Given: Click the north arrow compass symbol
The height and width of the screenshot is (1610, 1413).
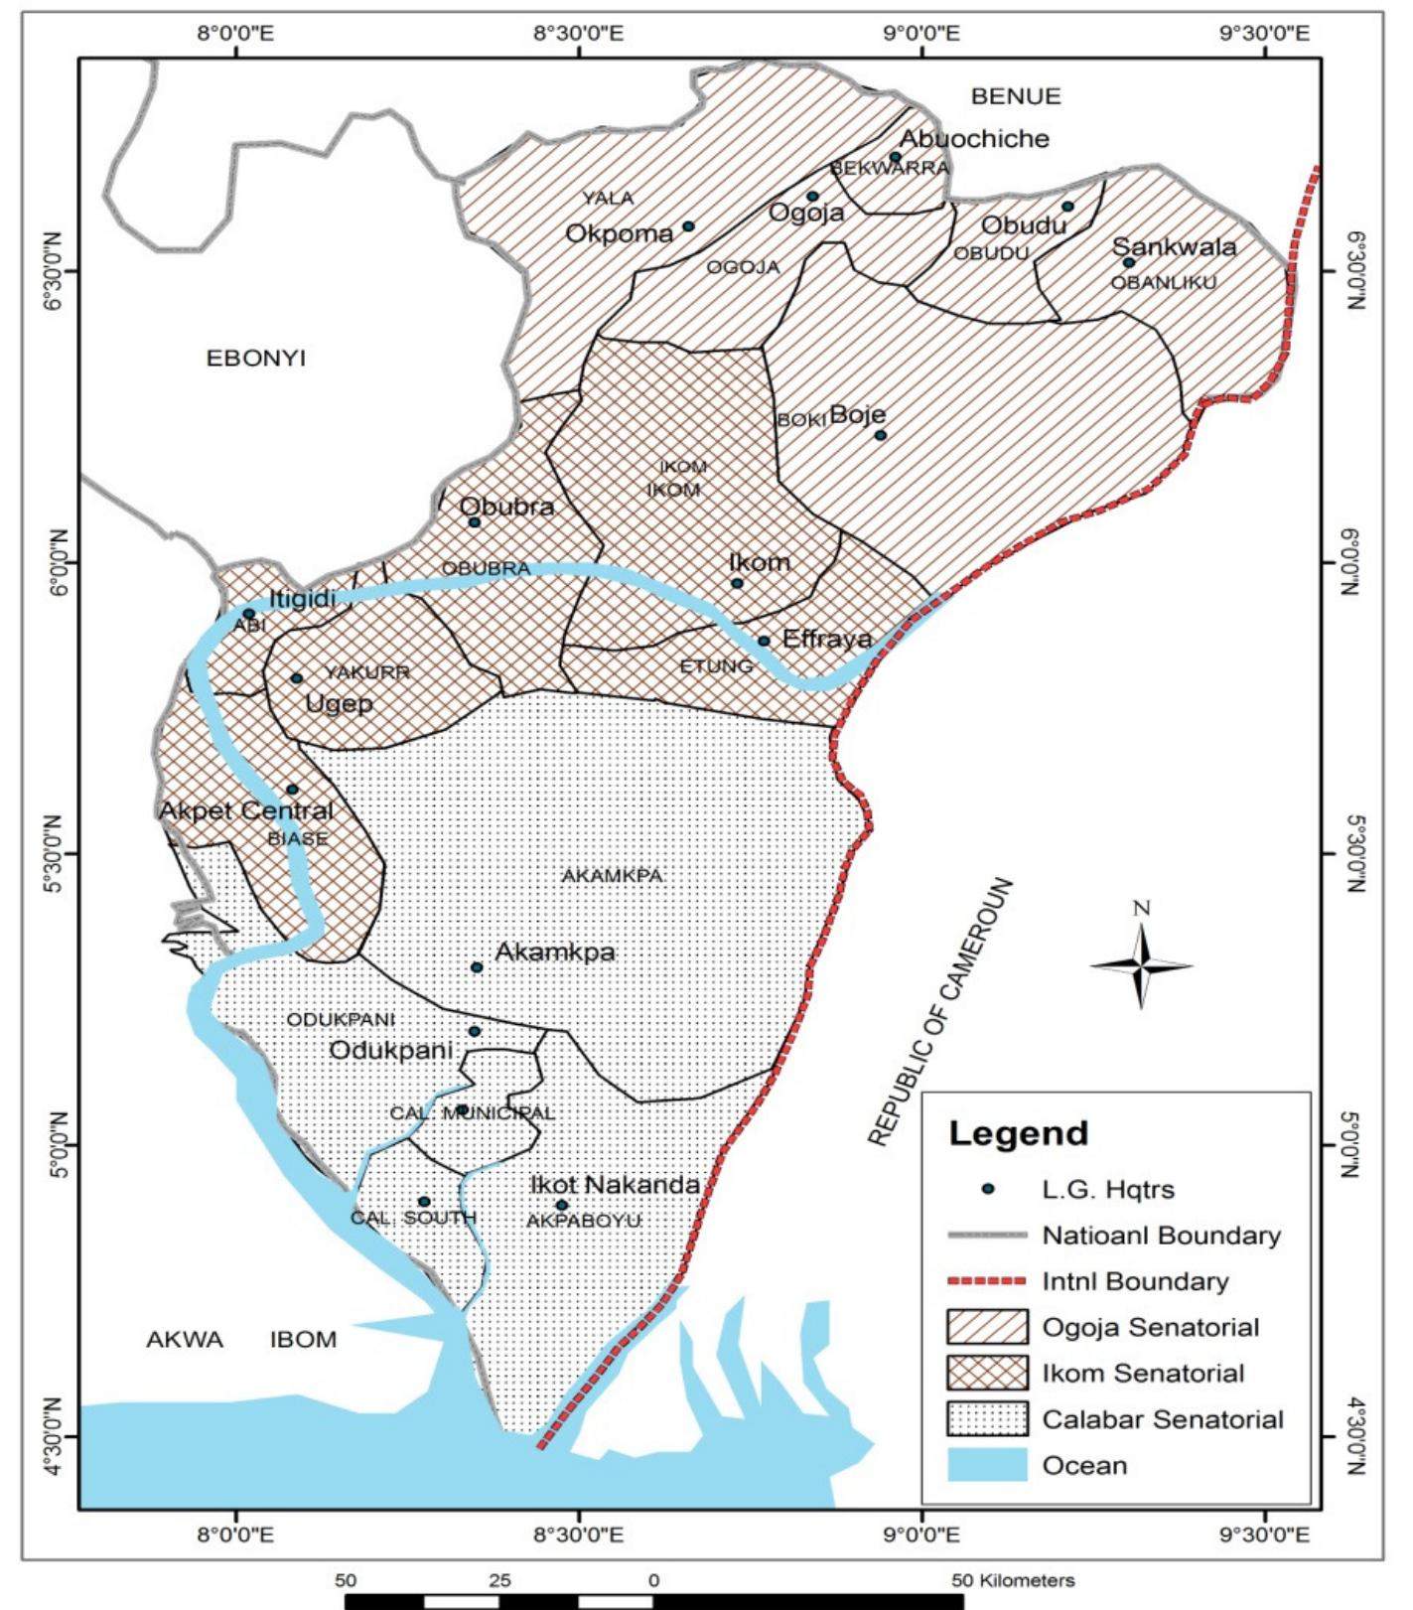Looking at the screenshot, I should tap(1141, 964).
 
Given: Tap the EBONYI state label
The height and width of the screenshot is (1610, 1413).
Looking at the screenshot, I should tap(255, 358).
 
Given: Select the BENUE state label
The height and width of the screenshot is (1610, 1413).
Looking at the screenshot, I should tap(1016, 96).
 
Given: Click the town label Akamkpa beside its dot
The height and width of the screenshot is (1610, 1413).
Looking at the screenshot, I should tap(555, 951).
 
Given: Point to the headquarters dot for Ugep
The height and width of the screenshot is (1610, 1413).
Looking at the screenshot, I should tap(296, 678).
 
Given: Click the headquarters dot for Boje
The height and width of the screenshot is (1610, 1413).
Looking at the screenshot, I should tap(880, 435).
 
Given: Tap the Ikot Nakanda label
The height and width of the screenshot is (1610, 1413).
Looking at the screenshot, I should tap(615, 1184).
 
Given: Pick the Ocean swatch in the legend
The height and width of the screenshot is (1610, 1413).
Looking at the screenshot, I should tap(986, 1465).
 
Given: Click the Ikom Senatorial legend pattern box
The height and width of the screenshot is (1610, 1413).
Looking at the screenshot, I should tap(986, 1373).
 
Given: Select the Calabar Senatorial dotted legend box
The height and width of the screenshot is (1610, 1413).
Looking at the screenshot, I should tap(986, 1419).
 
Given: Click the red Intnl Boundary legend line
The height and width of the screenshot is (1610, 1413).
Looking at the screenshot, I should tap(986, 1281).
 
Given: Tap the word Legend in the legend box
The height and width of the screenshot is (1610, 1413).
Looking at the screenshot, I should tap(1018, 1133).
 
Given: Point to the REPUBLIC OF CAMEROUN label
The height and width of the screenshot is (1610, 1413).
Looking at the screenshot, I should tap(941, 1012).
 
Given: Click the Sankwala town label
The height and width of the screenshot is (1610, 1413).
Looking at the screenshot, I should tap(1174, 246).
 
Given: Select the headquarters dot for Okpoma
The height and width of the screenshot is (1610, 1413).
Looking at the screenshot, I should tap(688, 226).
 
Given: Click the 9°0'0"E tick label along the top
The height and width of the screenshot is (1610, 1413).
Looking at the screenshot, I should tap(922, 34).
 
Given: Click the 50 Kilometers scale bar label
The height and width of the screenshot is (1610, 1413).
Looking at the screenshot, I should tap(1013, 1580).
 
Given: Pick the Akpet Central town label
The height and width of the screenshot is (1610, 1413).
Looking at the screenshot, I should tap(246, 810).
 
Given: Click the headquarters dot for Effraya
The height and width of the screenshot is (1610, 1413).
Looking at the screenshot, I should tap(764, 641).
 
